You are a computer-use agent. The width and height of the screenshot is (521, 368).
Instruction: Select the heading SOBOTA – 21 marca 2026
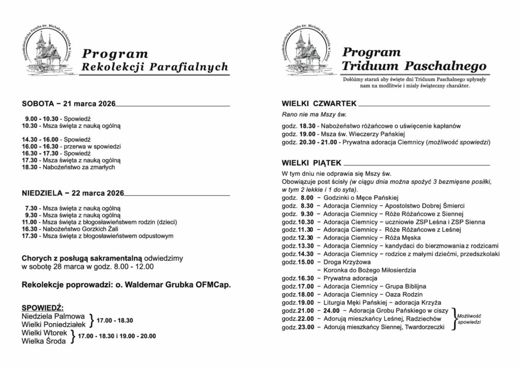click(68, 104)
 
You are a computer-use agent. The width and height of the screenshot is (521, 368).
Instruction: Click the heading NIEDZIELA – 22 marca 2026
click(73, 193)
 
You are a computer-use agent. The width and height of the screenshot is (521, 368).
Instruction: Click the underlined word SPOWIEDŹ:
click(43, 308)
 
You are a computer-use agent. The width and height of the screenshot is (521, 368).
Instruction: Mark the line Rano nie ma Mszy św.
click(307, 115)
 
